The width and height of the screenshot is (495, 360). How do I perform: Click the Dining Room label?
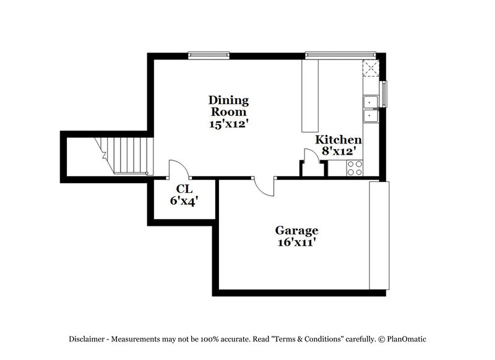click(228, 106)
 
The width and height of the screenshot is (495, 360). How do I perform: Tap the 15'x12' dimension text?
click(228, 123)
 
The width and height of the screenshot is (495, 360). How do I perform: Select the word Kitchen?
click(338, 140)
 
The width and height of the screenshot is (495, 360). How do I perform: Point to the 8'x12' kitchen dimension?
click(338, 150)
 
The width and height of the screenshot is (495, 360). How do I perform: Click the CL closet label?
click(184, 189)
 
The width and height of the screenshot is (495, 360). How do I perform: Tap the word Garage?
click(297, 231)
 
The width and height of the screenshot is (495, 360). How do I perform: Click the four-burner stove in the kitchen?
click(355, 166)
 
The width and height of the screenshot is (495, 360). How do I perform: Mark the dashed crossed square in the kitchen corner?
click(371, 68)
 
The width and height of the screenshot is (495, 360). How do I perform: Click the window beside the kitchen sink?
click(384, 93)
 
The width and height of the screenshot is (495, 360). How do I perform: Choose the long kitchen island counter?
click(309, 95)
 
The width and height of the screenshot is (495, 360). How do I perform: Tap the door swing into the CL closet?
click(178, 169)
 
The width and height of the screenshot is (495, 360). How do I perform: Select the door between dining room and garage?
click(264, 186)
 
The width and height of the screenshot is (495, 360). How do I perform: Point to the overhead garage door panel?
click(377, 235)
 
